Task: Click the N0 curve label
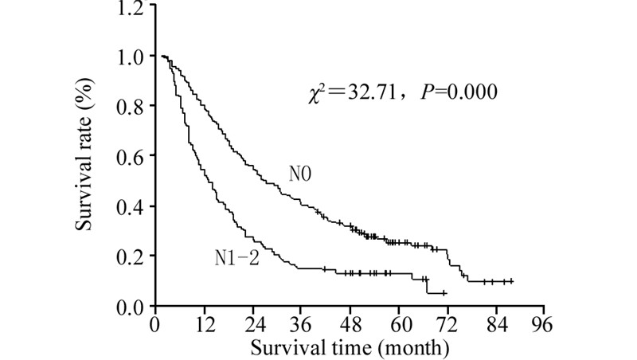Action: [x=300, y=174]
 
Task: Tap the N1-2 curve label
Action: [x=236, y=256]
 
